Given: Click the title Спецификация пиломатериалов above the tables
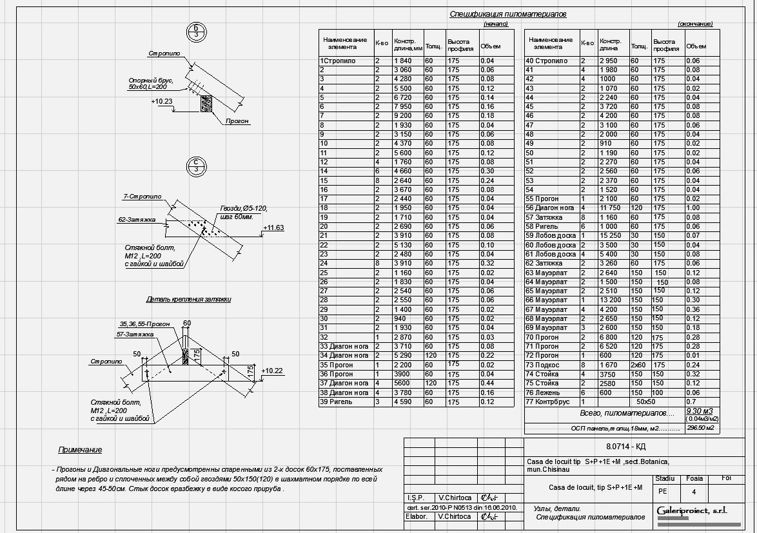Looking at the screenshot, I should click(507, 14).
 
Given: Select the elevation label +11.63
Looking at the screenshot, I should click(273, 228).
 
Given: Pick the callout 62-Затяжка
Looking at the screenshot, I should click(137, 220).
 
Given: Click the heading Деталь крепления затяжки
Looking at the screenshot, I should click(188, 299).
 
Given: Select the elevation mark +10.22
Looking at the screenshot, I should click(273, 370).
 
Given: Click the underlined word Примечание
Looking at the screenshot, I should click(80, 450).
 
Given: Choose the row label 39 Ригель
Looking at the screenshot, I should click(336, 402).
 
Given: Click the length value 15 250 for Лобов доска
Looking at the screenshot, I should click(611, 235).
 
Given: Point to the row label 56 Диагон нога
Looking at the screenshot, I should click(551, 208).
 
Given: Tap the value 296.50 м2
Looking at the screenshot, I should click(700, 427).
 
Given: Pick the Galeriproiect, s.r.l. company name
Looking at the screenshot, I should click(691, 510).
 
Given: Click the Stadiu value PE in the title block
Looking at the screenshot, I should click(662, 491).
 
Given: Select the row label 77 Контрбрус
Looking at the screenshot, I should click(548, 401).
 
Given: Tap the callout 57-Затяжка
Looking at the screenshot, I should click(135, 334).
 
